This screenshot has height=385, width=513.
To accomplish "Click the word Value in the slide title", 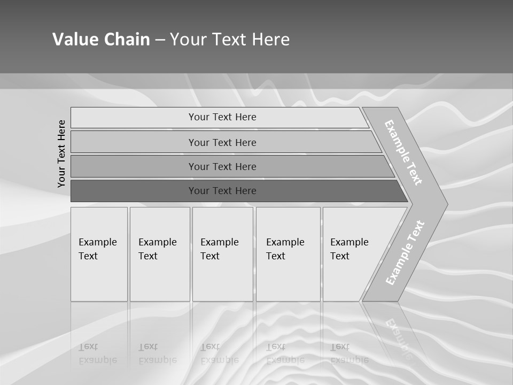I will (x=73, y=40).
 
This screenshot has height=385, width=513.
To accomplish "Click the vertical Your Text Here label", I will (x=61, y=153).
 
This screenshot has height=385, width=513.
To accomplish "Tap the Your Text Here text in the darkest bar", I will (x=222, y=191).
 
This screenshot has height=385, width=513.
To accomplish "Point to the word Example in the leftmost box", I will (x=97, y=242).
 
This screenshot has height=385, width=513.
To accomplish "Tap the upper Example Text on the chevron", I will (x=403, y=152).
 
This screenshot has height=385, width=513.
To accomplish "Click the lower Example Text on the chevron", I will (x=405, y=252).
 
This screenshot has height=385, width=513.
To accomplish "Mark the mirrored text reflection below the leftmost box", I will (x=97, y=353).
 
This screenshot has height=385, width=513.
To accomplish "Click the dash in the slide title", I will (x=160, y=40).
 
